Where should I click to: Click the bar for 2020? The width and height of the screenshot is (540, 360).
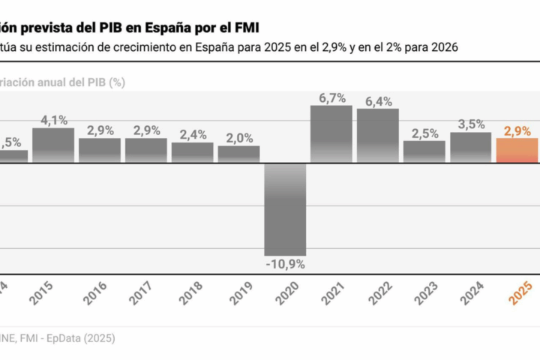tap(285, 209)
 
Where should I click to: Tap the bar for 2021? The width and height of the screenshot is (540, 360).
tap(331, 134)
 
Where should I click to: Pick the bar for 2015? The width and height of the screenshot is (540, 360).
tap(53, 145)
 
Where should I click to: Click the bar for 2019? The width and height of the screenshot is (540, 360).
tap(239, 154)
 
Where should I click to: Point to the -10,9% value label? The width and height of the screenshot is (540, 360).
tap(285, 264)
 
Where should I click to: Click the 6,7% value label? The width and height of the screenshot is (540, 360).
tap(331, 97)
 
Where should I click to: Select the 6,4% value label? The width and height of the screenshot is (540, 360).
tap(378, 101)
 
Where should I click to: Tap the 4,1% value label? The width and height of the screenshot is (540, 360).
tap(53, 120)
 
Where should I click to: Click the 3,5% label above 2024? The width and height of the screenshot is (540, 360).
tap(471, 124)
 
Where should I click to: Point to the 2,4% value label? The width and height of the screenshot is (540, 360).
tap(193, 135)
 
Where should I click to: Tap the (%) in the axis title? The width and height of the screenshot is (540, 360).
tap(116, 82)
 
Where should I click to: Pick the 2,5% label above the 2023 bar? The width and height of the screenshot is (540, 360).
tap(424, 133)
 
